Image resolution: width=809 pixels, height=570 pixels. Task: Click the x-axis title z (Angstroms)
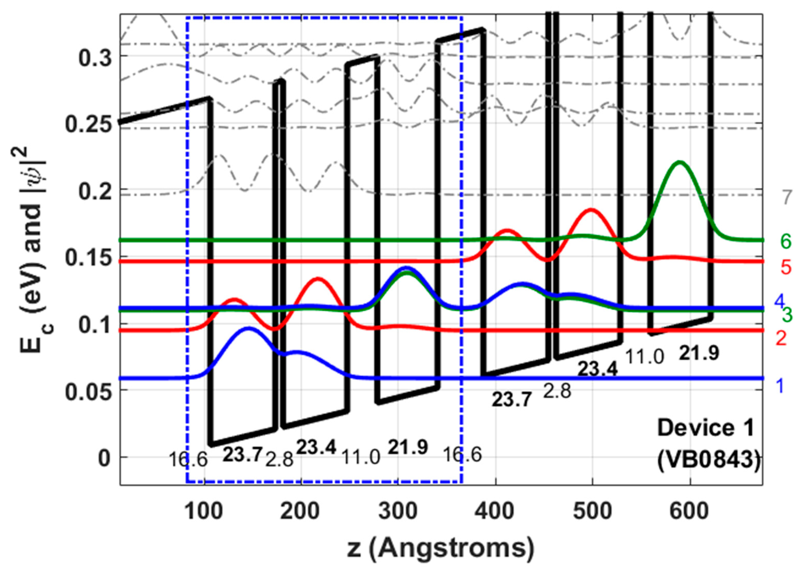pyautogui.click(x=440, y=549)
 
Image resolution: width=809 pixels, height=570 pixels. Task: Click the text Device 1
pyautogui.click(x=706, y=428)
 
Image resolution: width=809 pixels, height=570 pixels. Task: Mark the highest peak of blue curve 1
pyautogui.click(x=249, y=328)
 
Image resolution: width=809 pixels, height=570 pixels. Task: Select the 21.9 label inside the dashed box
pyautogui.click(x=408, y=447)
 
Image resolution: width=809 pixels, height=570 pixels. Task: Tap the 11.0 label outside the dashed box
pyautogui.click(x=644, y=357)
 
